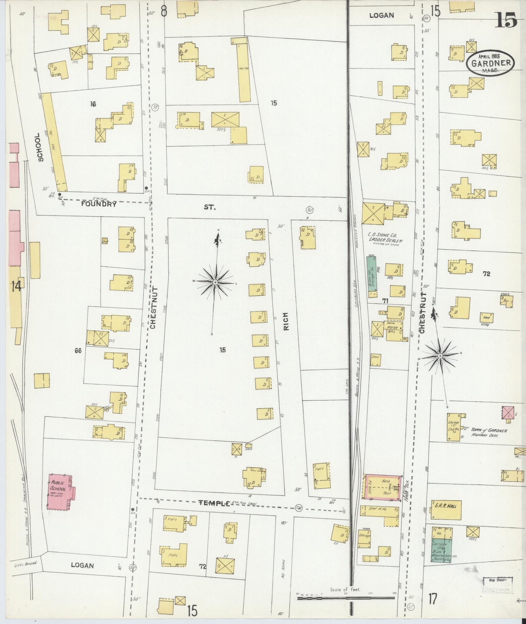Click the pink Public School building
[60, 491]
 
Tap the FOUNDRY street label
[99, 204]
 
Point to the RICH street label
[286, 321]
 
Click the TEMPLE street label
[214, 503]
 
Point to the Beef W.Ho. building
[379, 510]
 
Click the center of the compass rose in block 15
[215, 283]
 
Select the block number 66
[78, 351]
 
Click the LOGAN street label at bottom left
[82, 565]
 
